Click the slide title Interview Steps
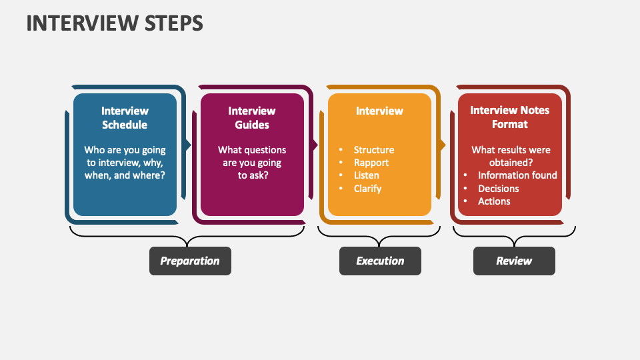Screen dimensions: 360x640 click(x=115, y=23)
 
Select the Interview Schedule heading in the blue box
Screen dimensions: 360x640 click(x=125, y=118)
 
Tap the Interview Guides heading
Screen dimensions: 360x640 click(x=251, y=118)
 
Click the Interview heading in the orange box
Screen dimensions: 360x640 click(x=379, y=111)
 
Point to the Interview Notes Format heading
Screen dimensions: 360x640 click(x=509, y=117)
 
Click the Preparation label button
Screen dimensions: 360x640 click(x=190, y=261)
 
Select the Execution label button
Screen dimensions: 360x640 click(x=380, y=261)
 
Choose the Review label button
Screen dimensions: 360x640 click(x=514, y=261)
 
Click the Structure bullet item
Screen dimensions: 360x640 click(x=373, y=150)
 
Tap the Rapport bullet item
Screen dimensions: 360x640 click(x=371, y=163)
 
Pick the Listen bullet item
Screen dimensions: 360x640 click(x=366, y=175)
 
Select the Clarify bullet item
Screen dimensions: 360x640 click(x=367, y=189)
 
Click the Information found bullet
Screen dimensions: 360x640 click(x=517, y=175)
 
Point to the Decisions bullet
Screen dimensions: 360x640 click(x=498, y=189)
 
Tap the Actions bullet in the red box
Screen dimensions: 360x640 click(x=494, y=201)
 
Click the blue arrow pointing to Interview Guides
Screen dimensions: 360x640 click(x=189, y=145)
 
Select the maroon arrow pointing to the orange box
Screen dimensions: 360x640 click(x=316, y=145)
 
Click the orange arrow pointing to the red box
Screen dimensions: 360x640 click(x=443, y=145)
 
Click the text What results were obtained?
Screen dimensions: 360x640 click(x=511, y=157)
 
